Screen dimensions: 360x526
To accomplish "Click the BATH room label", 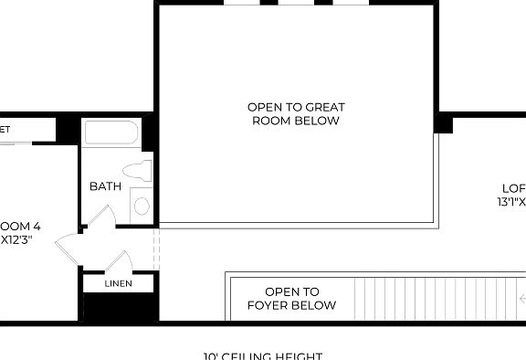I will pyautogui.click(x=105, y=186).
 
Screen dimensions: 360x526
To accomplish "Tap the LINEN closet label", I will pyautogui.click(x=118, y=284).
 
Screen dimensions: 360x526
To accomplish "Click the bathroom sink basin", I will pyautogui.click(x=142, y=206).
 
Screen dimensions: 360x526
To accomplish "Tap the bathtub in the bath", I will pyautogui.click(x=110, y=134).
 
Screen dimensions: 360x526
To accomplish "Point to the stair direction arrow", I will pyautogui.click(x=521, y=298).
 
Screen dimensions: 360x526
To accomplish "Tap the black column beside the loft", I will pyautogui.click(x=444, y=122).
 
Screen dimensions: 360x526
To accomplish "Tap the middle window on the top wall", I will pyautogui.click(x=296, y=3).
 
